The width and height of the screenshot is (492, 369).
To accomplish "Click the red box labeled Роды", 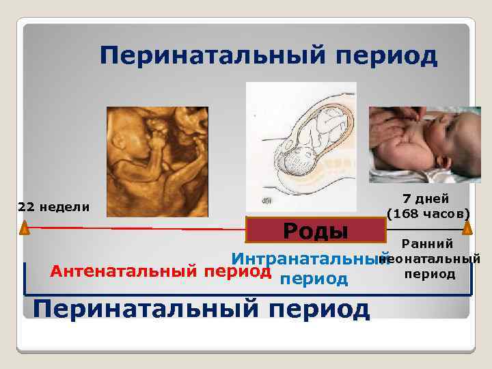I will coord(316,230).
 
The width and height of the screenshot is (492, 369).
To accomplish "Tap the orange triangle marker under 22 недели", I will coord(25,228).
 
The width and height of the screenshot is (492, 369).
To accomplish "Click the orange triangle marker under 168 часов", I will coord(467,228).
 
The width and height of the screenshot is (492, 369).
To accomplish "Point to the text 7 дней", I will coord(426,199).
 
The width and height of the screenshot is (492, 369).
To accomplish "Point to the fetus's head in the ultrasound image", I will coord(130,140).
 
